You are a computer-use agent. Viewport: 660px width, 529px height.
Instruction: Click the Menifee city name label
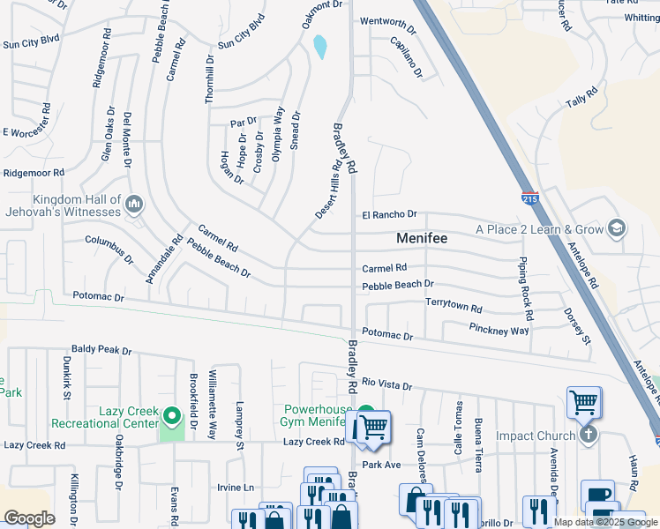[422, 238]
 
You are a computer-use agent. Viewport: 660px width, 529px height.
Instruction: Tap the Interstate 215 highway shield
[529, 200]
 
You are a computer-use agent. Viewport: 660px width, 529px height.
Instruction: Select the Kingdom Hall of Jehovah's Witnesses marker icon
[134, 205]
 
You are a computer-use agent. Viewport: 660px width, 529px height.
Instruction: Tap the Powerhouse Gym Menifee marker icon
[365, 413]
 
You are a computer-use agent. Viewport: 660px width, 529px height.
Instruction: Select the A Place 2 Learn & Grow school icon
[617, 229]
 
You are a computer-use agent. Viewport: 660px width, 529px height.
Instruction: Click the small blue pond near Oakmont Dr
[320, 47]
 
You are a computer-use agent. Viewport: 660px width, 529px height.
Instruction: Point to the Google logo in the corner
[29, 518]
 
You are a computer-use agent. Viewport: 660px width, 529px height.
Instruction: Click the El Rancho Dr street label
[388, 214]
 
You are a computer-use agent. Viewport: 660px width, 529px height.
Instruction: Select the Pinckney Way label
[499, 331]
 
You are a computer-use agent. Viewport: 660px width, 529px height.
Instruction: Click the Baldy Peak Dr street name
[101, 350]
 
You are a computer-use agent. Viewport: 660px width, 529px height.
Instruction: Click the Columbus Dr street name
[109, 250]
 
